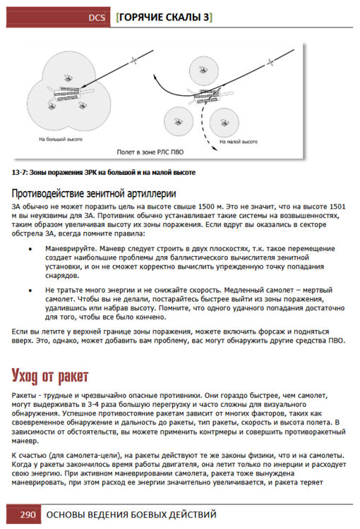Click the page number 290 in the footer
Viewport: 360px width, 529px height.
[28, 514]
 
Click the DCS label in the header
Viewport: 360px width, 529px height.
[97, 18]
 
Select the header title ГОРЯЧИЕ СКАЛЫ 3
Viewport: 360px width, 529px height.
[164, 17]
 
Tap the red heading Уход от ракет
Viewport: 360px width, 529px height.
[50, 376]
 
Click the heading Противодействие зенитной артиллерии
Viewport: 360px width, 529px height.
[94, 193]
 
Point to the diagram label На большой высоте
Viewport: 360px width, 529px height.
[61, 139]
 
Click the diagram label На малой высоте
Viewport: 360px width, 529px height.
[239, 142]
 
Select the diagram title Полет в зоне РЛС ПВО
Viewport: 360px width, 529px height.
[150, 152]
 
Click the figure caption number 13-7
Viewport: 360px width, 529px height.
[19, 172]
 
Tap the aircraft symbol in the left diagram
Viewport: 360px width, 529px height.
[133, 61]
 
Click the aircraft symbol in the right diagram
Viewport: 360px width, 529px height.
[270, 62]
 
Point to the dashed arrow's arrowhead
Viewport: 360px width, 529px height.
[215, 148]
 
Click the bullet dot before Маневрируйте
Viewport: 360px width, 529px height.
[30, 249]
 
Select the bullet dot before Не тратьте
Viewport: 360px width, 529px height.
[30, 291]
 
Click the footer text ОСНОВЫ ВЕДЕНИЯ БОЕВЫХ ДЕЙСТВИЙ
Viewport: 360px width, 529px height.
[131, 514]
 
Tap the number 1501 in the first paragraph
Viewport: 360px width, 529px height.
[337, 207]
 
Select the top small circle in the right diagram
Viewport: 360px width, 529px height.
[203, 70]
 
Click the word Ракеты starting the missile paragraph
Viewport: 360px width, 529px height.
[23, 396]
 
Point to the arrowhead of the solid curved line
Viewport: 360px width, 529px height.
[155, 77]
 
